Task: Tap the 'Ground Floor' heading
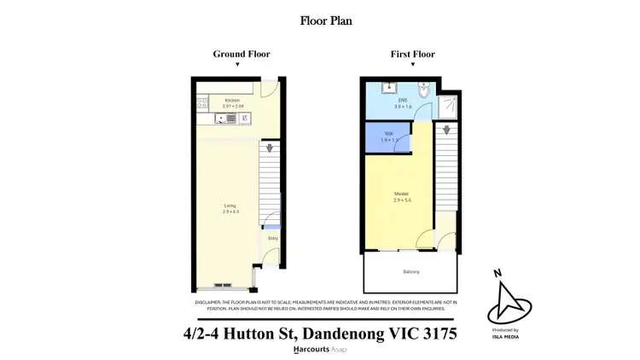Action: (x=241, y=54)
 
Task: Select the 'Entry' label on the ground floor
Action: (x=272, y=239)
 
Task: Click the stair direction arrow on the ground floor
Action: (x=271, y=148)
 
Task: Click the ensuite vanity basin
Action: (x=387, y=87)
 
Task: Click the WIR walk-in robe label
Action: (x=387, y=135)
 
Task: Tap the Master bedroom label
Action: (x=401, y=196)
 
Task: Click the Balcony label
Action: (x=410, y=272)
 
